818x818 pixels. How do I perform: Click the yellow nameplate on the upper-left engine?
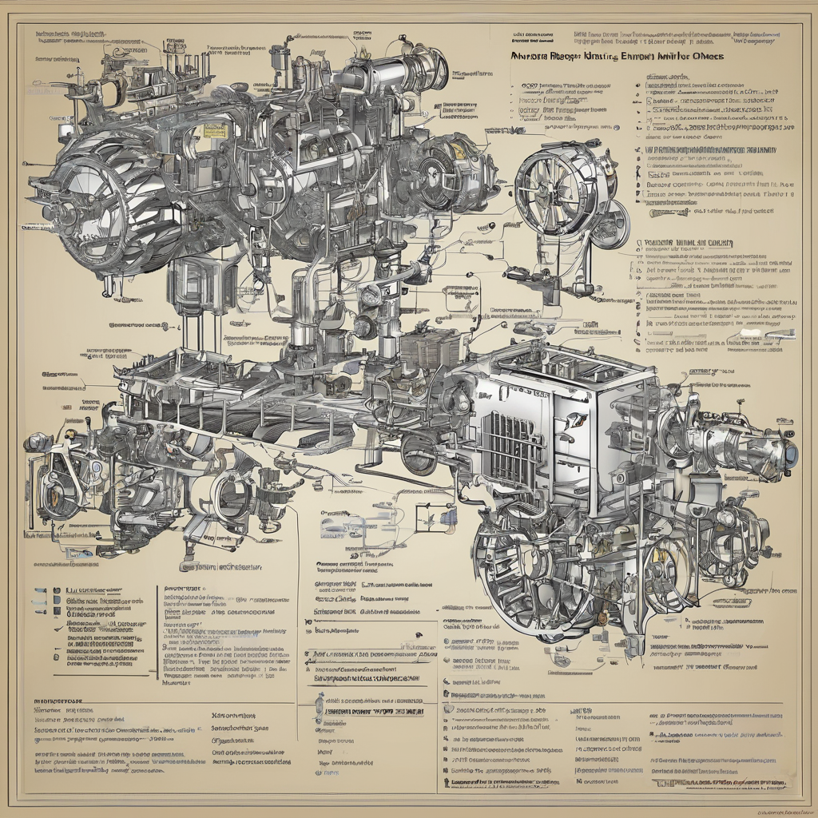(213, 130)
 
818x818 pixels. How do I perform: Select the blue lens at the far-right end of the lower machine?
(791, 453)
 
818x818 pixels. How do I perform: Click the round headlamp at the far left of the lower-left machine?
(38, 442)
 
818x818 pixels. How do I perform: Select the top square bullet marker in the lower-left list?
(57, 591)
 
